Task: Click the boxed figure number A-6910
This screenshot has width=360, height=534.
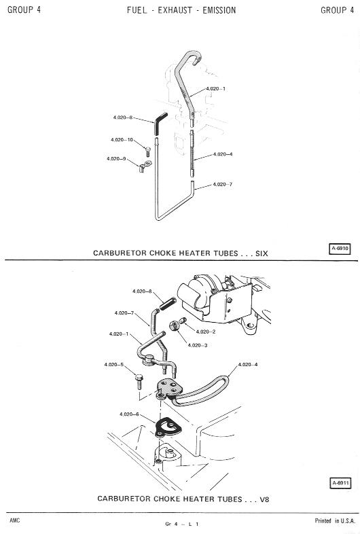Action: pyautogui.click(x=340, y=249)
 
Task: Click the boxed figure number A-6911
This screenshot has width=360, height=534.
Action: pyautogui.click(x=340, y=483)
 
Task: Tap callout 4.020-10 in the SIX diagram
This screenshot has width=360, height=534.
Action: pyautogui.click(x=122, y=140)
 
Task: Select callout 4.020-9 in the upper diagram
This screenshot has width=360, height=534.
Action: pyautogui.click(x=116, y=159)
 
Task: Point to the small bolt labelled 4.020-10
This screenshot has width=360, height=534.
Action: pyautogui.click(x=148, y=152)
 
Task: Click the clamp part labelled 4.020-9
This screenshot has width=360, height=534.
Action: pyautogui.click(x=145, y=166)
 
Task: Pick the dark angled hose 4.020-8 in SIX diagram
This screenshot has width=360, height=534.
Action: pyautogui.click(x=160, y=124)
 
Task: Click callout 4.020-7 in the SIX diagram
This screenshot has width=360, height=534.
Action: pyautogui.click(x=223, y=184)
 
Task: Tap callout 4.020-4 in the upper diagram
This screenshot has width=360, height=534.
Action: pyautogui.click(x=223, y=154)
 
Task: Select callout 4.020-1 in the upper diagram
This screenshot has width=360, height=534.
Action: pyautogui.click(x=215, y=88)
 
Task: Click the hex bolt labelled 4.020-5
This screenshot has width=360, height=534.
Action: pyautogui.click(x=139, y=382)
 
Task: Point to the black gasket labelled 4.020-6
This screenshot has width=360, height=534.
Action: pyautogui.click(x=168, y=427)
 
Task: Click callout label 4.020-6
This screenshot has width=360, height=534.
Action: pyautogui.click(x=129, y=414)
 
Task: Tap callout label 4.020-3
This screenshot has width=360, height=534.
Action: pyautogui.click(x=198, y=345)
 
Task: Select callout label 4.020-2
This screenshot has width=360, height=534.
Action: pyautogui.click(x=206, y=332)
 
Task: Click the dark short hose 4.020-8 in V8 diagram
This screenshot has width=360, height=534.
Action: pyautogui.click(x=168, y=304)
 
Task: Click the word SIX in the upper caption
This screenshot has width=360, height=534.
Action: pyautogui.click(x=262, y=253)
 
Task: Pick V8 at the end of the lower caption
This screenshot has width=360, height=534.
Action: pyautogui.click(x=264, y=499)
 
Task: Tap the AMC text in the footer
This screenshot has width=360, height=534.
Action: pyautogui.click(x=15, y=520)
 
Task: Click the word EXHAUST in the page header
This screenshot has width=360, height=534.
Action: pyautogui.click(x=175, y=10)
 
